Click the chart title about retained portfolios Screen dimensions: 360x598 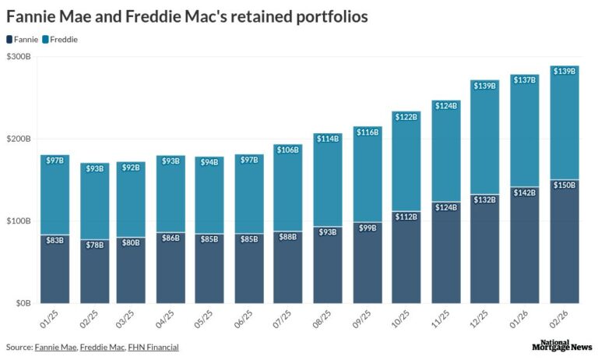click(x=187, y=16)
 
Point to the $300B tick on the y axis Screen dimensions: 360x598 click(x=19, y=57)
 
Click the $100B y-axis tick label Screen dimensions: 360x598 click(x=19, y=221)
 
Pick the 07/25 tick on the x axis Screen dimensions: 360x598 click(x=288, y=319)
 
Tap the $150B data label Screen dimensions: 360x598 click(x=565, y=185)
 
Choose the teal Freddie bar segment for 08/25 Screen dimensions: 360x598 click(x=328, y=187)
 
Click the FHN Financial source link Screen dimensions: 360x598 click(x=153, y=347)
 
